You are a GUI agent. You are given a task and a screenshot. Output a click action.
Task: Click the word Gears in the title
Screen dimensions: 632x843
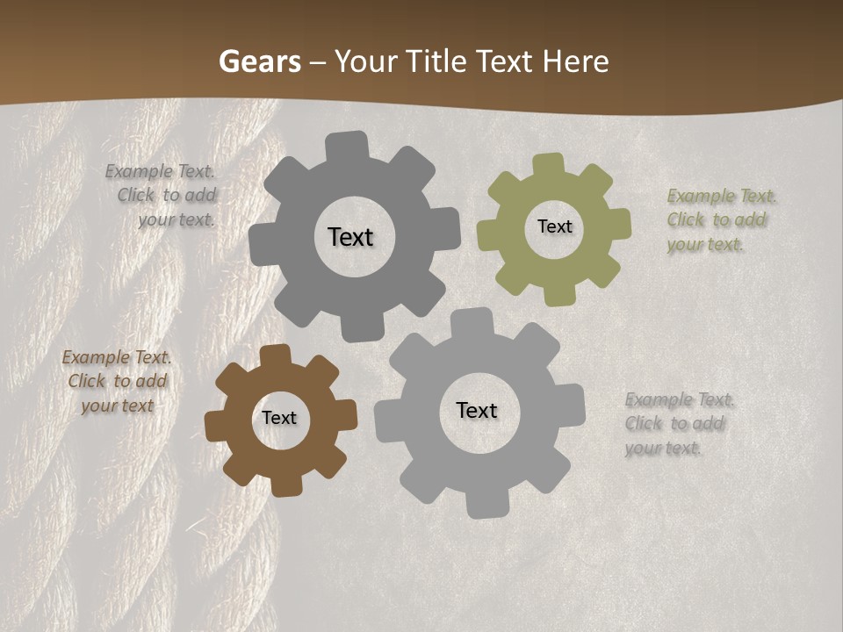pyautogui.click(x=259, y=61)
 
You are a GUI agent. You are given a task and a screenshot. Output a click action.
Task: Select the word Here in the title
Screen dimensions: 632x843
pyautogui.click(x=575, y=61)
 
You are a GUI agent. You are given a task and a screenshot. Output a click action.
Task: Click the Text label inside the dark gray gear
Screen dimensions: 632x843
pyautogui.click(x=350, y=237)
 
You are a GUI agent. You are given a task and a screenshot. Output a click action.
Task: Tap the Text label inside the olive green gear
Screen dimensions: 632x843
pyautogui.click(x=554, y=226)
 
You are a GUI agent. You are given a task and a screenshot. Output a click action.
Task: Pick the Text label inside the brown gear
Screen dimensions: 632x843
pyautogui.click(x=279, y=418)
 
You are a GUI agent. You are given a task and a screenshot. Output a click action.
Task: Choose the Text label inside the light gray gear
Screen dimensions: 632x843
pyautogui.click(x=477, y=410)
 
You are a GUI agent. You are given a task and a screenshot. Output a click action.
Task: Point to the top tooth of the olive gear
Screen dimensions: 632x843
pyautogui.click(x=549, y=164)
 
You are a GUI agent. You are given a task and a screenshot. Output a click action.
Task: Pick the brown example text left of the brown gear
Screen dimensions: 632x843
pyautogui.click(x=117, y=382)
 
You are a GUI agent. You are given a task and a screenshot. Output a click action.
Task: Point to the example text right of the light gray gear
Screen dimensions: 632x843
pyautogui.click(x=678, y=424)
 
